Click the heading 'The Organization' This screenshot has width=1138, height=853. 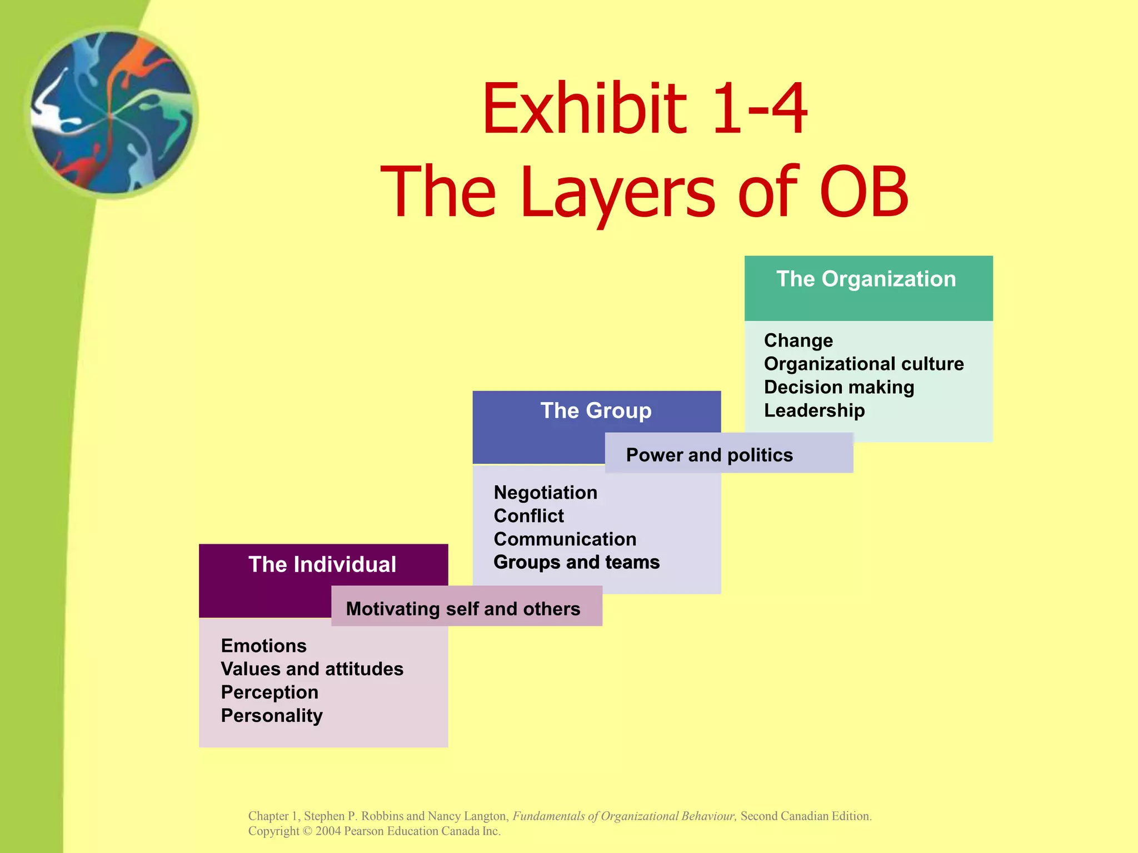tap(866, 279)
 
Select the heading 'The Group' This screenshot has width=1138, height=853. tap(596, 410)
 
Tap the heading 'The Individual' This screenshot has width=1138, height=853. tap(322, 564)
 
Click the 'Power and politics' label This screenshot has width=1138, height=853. tap(709, 455)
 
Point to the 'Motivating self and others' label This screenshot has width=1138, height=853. tap(463, 609)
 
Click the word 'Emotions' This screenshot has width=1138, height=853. tap(263, 645)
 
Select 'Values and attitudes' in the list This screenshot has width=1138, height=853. tap(312, 669)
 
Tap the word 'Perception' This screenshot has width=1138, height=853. tap(269, 692)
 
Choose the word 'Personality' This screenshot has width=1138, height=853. tap(271, 715)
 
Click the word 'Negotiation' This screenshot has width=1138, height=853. tap(545, 492)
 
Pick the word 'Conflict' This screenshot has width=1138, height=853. tap(528, 515)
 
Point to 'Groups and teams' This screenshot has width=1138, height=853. tap(576, 562)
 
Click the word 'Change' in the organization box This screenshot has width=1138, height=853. tap(798, 340)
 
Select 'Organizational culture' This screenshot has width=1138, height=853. tap(864, 363)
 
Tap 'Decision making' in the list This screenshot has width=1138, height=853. tap(838, 387)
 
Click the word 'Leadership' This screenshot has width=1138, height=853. tap(814, 410)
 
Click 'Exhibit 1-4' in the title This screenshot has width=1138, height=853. tap(644, 109)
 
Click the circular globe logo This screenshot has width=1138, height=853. tap(112, 113)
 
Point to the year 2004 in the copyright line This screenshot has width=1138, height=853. tap(328, 831)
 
